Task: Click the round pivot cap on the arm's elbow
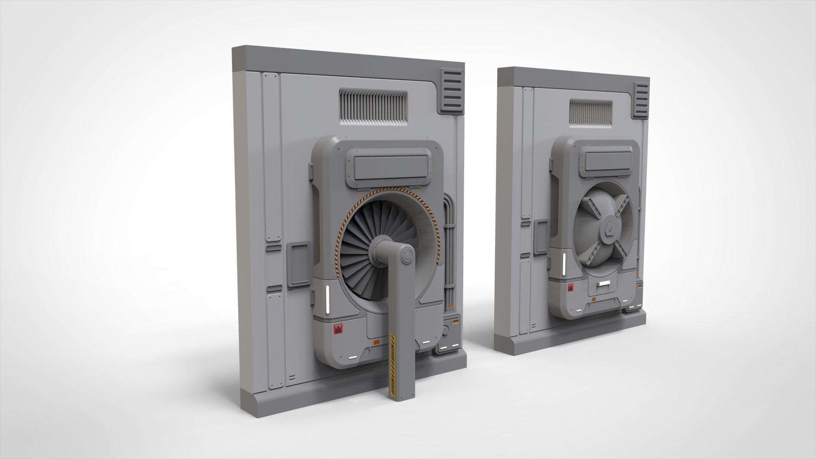407,257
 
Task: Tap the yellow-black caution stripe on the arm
392,357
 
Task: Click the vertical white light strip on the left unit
328,300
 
